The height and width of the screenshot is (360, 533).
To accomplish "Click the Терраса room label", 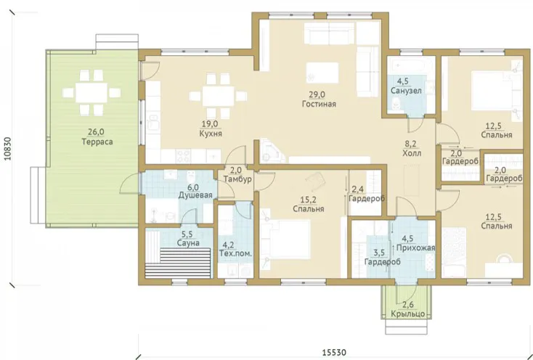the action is [x=97, y=142].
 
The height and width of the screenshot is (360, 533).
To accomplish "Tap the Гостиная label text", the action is [x=319, y=104].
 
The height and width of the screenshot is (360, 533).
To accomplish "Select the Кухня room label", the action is [x=211, y=134].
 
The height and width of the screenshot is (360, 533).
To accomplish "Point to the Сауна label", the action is [x=188, y=243].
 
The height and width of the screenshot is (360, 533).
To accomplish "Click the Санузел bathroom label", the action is [x=406, y=91].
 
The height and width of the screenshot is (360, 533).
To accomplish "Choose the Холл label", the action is [x=412, y=153].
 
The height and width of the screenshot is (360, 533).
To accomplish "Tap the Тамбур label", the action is [x=240, y=179].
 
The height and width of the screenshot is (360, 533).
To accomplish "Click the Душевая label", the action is [x=195, y=195].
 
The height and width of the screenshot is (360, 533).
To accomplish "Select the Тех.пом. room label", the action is [x=235, y=253].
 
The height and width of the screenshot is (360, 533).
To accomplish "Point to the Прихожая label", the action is [x=416, y=248].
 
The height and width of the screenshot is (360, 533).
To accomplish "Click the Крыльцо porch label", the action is [x=407, y=314].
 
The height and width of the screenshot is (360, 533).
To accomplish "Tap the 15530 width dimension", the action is [x=335, y=352].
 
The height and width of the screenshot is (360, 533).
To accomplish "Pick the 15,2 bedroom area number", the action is [x=309, y=200].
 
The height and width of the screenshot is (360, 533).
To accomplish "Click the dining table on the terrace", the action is [x=91, y=92].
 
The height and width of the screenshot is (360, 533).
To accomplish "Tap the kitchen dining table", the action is [x=219, y=96].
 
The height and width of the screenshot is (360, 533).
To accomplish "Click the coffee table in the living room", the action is [x=322, y=73].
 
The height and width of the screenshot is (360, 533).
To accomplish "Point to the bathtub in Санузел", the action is [x=411, y=65].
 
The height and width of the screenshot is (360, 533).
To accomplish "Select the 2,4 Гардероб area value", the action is [x=358, y=189].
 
